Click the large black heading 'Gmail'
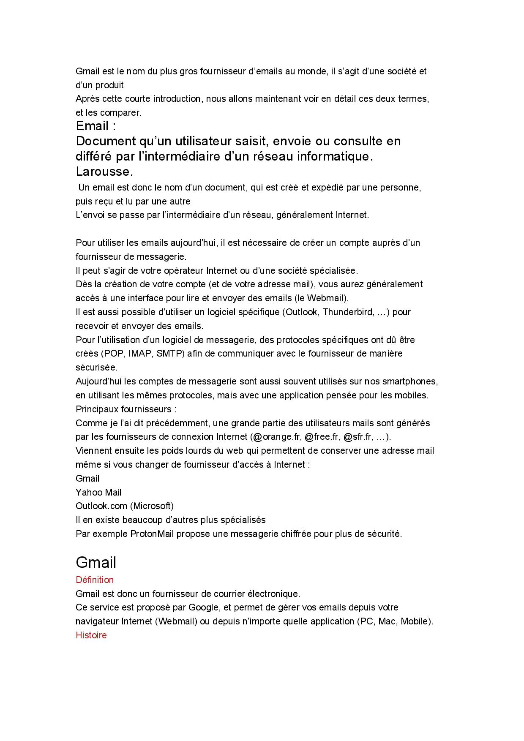(x=96, y=562)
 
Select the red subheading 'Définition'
(x=95, y=580)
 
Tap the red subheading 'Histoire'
(x=91, y=635)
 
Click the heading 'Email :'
(x=96, y=126)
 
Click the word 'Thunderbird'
(x=348, y=312)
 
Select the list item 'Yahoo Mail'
(x=98, y=492)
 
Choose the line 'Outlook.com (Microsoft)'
(x=125, y=506)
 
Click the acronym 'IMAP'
(x=140, y=354)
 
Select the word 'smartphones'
(x=409, y=381)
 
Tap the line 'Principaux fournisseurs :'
(x=126, y=409)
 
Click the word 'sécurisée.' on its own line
(x=96, y=368)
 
